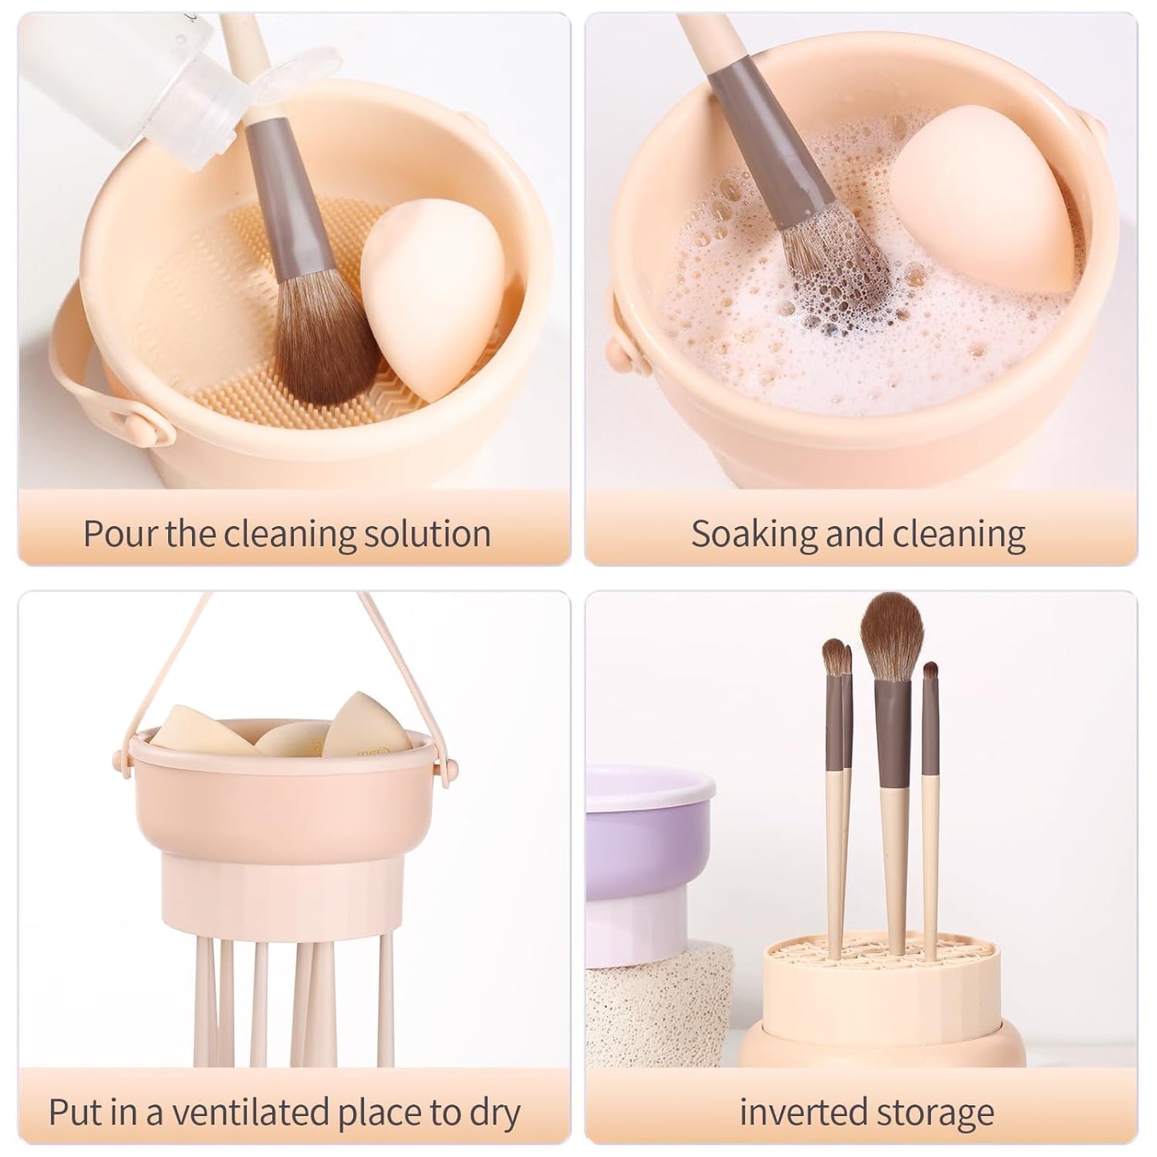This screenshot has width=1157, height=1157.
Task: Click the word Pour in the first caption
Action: click(x=121, y=533)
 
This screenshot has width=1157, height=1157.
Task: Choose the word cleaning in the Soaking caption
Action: click(x=959, y=533)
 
